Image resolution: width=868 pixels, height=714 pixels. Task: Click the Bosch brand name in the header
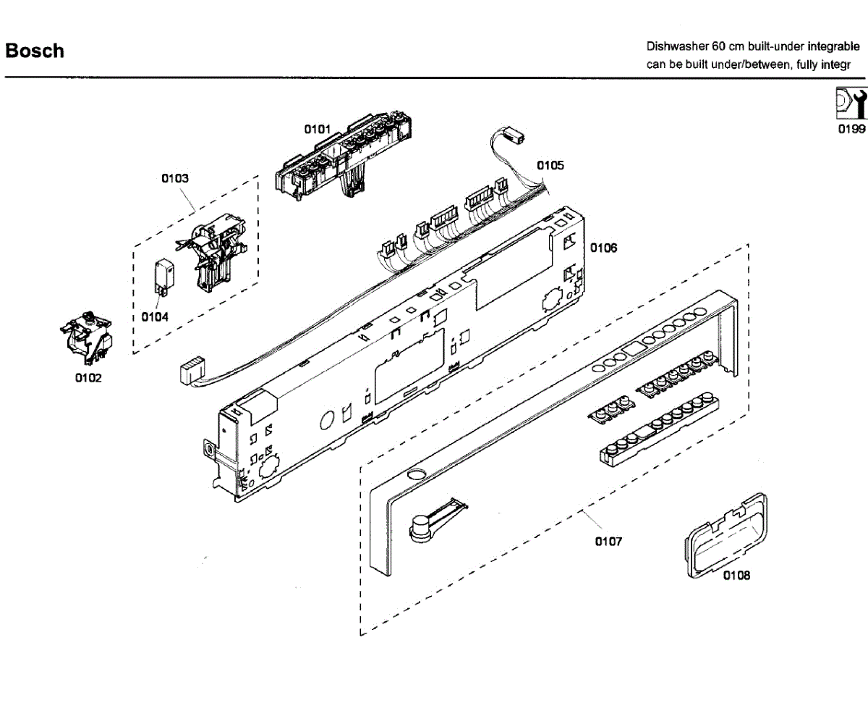pyautogui.click(x=35, y=51)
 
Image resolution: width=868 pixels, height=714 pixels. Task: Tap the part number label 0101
pyautogui.click(x=317, y=130)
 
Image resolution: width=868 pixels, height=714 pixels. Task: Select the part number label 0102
pyautogui.click(x=89, y=378)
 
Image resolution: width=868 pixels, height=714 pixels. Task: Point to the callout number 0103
pyautogui.click(x=175, y=178)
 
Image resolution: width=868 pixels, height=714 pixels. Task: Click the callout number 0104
pyautogui.click(x=155, y=317)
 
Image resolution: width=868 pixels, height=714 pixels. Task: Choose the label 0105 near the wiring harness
pyautogui.click(x=550, y=166)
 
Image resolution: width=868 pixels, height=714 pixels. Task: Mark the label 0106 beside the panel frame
pyautogui.click(x=604, y=248)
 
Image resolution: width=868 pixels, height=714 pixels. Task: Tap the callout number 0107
pyautogui.click(x=608, y=541)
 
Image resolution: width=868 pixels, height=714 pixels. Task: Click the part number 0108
pyautogui.click(x=737, y=576)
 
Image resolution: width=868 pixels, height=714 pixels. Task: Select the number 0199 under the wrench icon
pyautogui.click(x=851, y=130)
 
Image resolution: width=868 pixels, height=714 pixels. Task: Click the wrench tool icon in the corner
pyautogui.click(x=851, y=102)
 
